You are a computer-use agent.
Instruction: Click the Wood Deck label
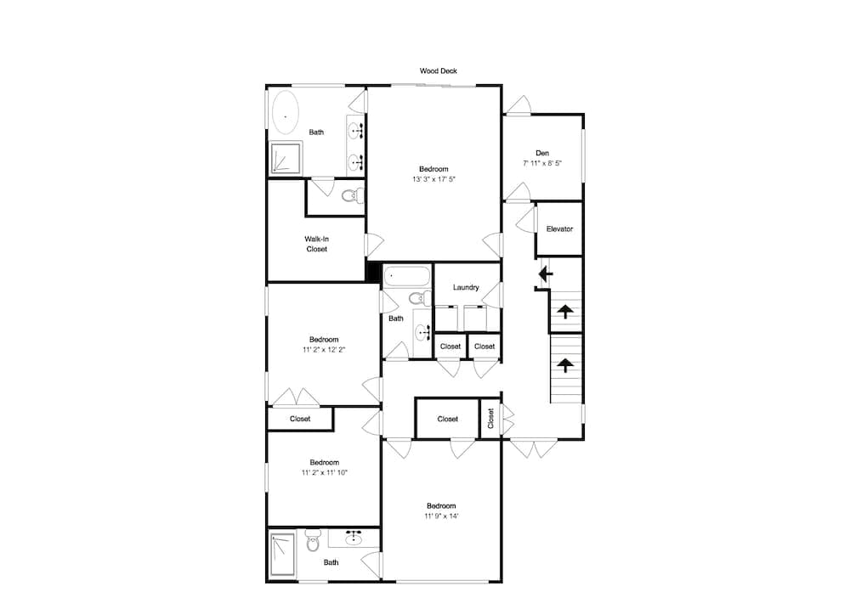tap(438, 71)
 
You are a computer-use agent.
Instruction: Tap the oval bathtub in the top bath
tap(285, 113)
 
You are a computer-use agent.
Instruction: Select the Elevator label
tap(559, 229)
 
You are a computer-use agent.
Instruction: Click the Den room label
tap(542, 154)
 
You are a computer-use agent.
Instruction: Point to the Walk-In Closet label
tap(316, 244)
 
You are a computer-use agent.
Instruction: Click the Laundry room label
tap(466, 288)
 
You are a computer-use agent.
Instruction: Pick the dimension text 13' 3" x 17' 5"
tap(433, 179)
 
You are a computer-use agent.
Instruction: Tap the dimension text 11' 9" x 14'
tap(441, 516)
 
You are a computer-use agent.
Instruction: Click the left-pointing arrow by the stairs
tap(546, 274)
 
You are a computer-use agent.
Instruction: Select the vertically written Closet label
tap(490, 419)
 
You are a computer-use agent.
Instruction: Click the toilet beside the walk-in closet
tap(353, 195)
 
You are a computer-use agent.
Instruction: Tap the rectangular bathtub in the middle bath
tap(407, 277)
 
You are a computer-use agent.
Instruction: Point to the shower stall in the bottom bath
tap(282, 555)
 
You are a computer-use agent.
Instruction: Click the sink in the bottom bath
tap(354, 537)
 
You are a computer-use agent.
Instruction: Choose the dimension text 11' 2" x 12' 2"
tap(324, 350)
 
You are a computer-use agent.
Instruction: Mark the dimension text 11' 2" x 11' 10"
tap(324, 473)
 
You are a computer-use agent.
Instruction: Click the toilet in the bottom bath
tap(313, 541)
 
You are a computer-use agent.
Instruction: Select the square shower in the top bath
tap(286, 158)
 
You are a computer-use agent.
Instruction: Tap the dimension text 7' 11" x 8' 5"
tap(542, 164)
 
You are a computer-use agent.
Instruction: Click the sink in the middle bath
tap(422, 330)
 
